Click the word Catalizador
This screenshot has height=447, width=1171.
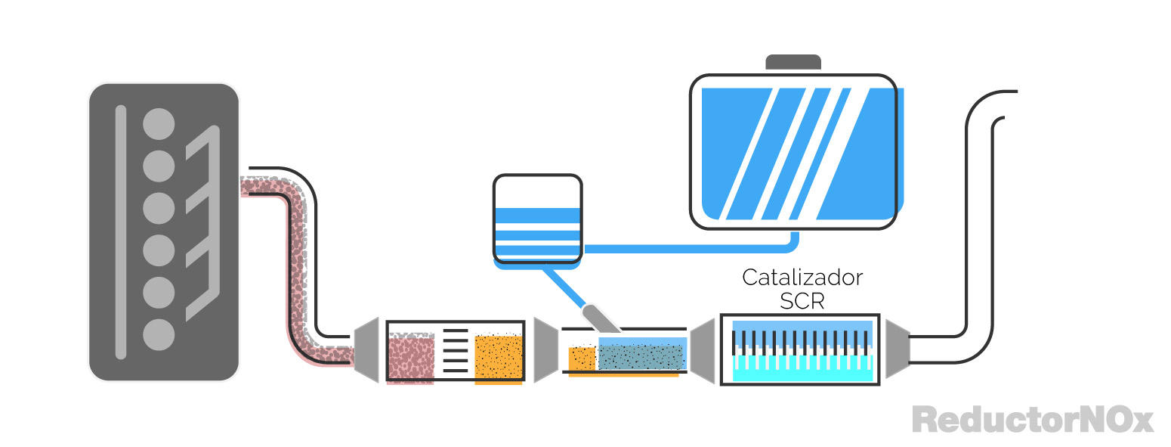802,278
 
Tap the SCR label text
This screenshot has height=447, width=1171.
802,302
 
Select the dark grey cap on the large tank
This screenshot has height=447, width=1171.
793,62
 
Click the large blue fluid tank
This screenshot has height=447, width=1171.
793,151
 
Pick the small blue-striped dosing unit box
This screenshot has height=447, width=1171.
537,219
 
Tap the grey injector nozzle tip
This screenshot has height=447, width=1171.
601,318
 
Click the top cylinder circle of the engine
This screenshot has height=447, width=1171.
159,123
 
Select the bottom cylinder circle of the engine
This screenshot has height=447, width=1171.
159,334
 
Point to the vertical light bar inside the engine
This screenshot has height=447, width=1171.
120,231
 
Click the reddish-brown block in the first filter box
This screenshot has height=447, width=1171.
410,358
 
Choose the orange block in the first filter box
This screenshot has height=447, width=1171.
499,358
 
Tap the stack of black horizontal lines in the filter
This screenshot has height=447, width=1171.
455,351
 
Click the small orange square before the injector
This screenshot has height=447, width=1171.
582,359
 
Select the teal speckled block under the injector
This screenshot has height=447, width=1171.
641,355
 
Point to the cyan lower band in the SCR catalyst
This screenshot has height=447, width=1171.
802,369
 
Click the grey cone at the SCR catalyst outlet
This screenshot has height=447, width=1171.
897,349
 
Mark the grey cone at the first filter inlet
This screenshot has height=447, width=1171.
366,349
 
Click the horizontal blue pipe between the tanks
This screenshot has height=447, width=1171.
687,248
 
